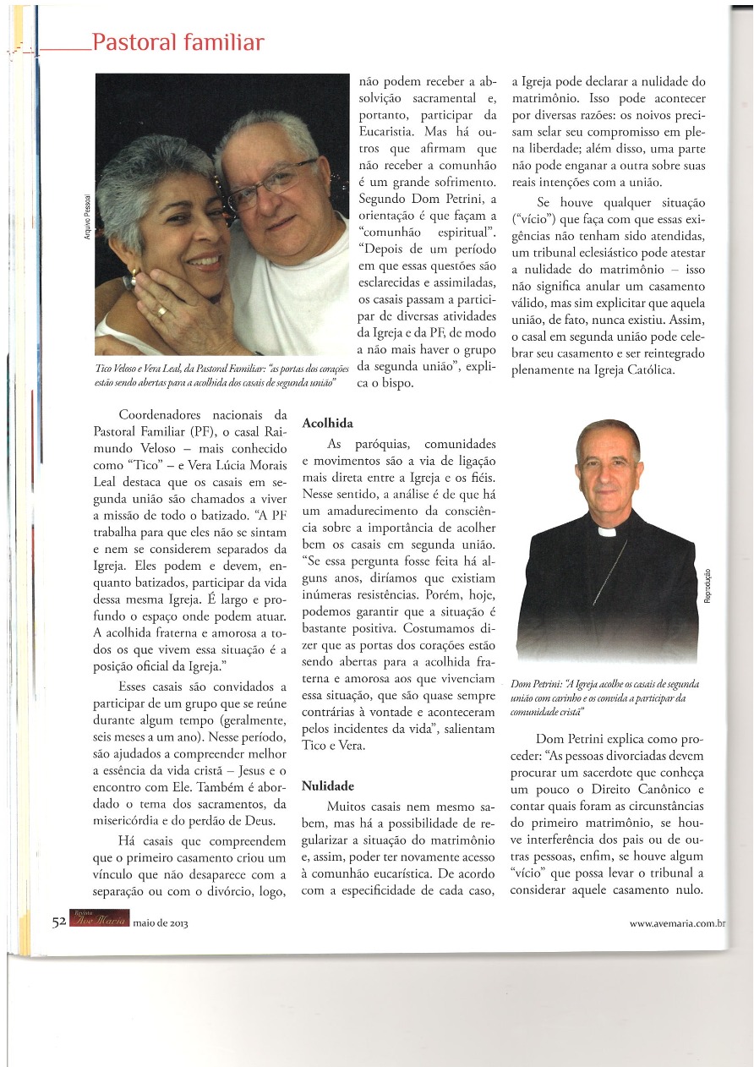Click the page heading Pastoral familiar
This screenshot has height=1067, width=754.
click(x=178, y=42)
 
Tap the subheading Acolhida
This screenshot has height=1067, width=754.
click(x=328, y=422)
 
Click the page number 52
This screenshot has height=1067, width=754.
click(x=58, y=922)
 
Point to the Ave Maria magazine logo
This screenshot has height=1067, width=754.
click(x=98, y=922)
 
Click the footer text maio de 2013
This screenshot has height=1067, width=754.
click(x=161, y=923)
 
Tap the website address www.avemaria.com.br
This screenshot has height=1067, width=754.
click(x=678, y=923)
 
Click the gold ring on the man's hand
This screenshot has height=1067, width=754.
click(x=161, y=309)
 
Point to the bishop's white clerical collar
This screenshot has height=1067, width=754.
click(x=606, y=532)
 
